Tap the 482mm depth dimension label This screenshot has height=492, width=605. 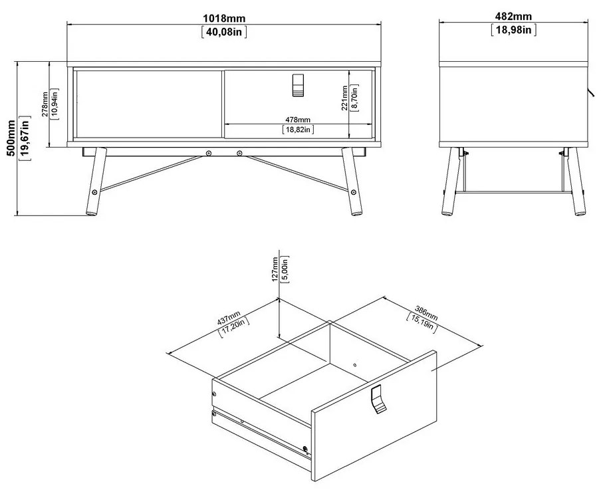point(513,17)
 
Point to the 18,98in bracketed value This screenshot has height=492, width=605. point(513,29)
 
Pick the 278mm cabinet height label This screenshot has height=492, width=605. point(45,103)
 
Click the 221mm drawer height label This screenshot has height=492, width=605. point(344,98)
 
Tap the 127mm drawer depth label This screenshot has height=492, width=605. point(275,270)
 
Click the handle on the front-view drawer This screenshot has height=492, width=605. point(298,85)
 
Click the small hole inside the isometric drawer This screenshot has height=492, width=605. point(355,364)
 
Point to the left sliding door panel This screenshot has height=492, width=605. point(148,103)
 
